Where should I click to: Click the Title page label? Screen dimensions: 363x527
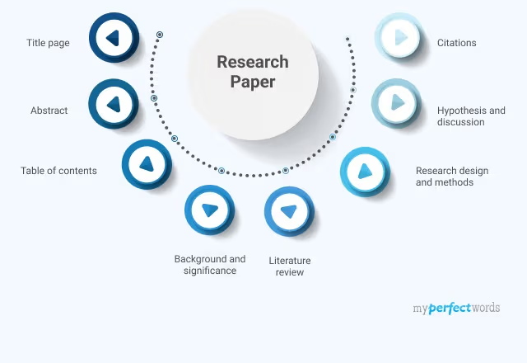pos(48,43)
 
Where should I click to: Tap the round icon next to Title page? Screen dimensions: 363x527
pos(114,38)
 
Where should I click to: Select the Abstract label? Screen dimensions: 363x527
pos(49,110)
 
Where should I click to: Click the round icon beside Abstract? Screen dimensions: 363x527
pos(114,104)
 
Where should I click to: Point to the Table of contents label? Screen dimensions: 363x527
pos(58,171)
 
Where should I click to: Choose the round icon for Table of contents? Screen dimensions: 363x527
pos(147,164)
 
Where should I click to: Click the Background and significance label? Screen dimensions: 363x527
pos(210,265)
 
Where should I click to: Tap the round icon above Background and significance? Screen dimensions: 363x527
pos(209,210)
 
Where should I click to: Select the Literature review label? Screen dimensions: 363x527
pos(290,266)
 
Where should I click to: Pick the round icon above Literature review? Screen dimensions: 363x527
pos(288,211)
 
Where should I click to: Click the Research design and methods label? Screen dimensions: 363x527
pos(452,177)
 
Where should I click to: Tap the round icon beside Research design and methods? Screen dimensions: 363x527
pos(365,172)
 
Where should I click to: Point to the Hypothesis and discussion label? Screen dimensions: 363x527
pos(471,116)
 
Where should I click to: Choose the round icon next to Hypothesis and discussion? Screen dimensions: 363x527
pos(398,103)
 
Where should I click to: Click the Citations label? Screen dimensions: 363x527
pos(456,43)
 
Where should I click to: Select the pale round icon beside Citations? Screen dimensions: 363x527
pos(400,37)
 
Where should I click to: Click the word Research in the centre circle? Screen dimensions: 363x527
pos(253,62)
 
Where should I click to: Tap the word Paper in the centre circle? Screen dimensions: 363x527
pos(253,82)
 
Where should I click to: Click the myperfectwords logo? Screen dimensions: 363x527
pos(456,309)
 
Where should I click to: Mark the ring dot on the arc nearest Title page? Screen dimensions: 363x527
pos(160,35)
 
